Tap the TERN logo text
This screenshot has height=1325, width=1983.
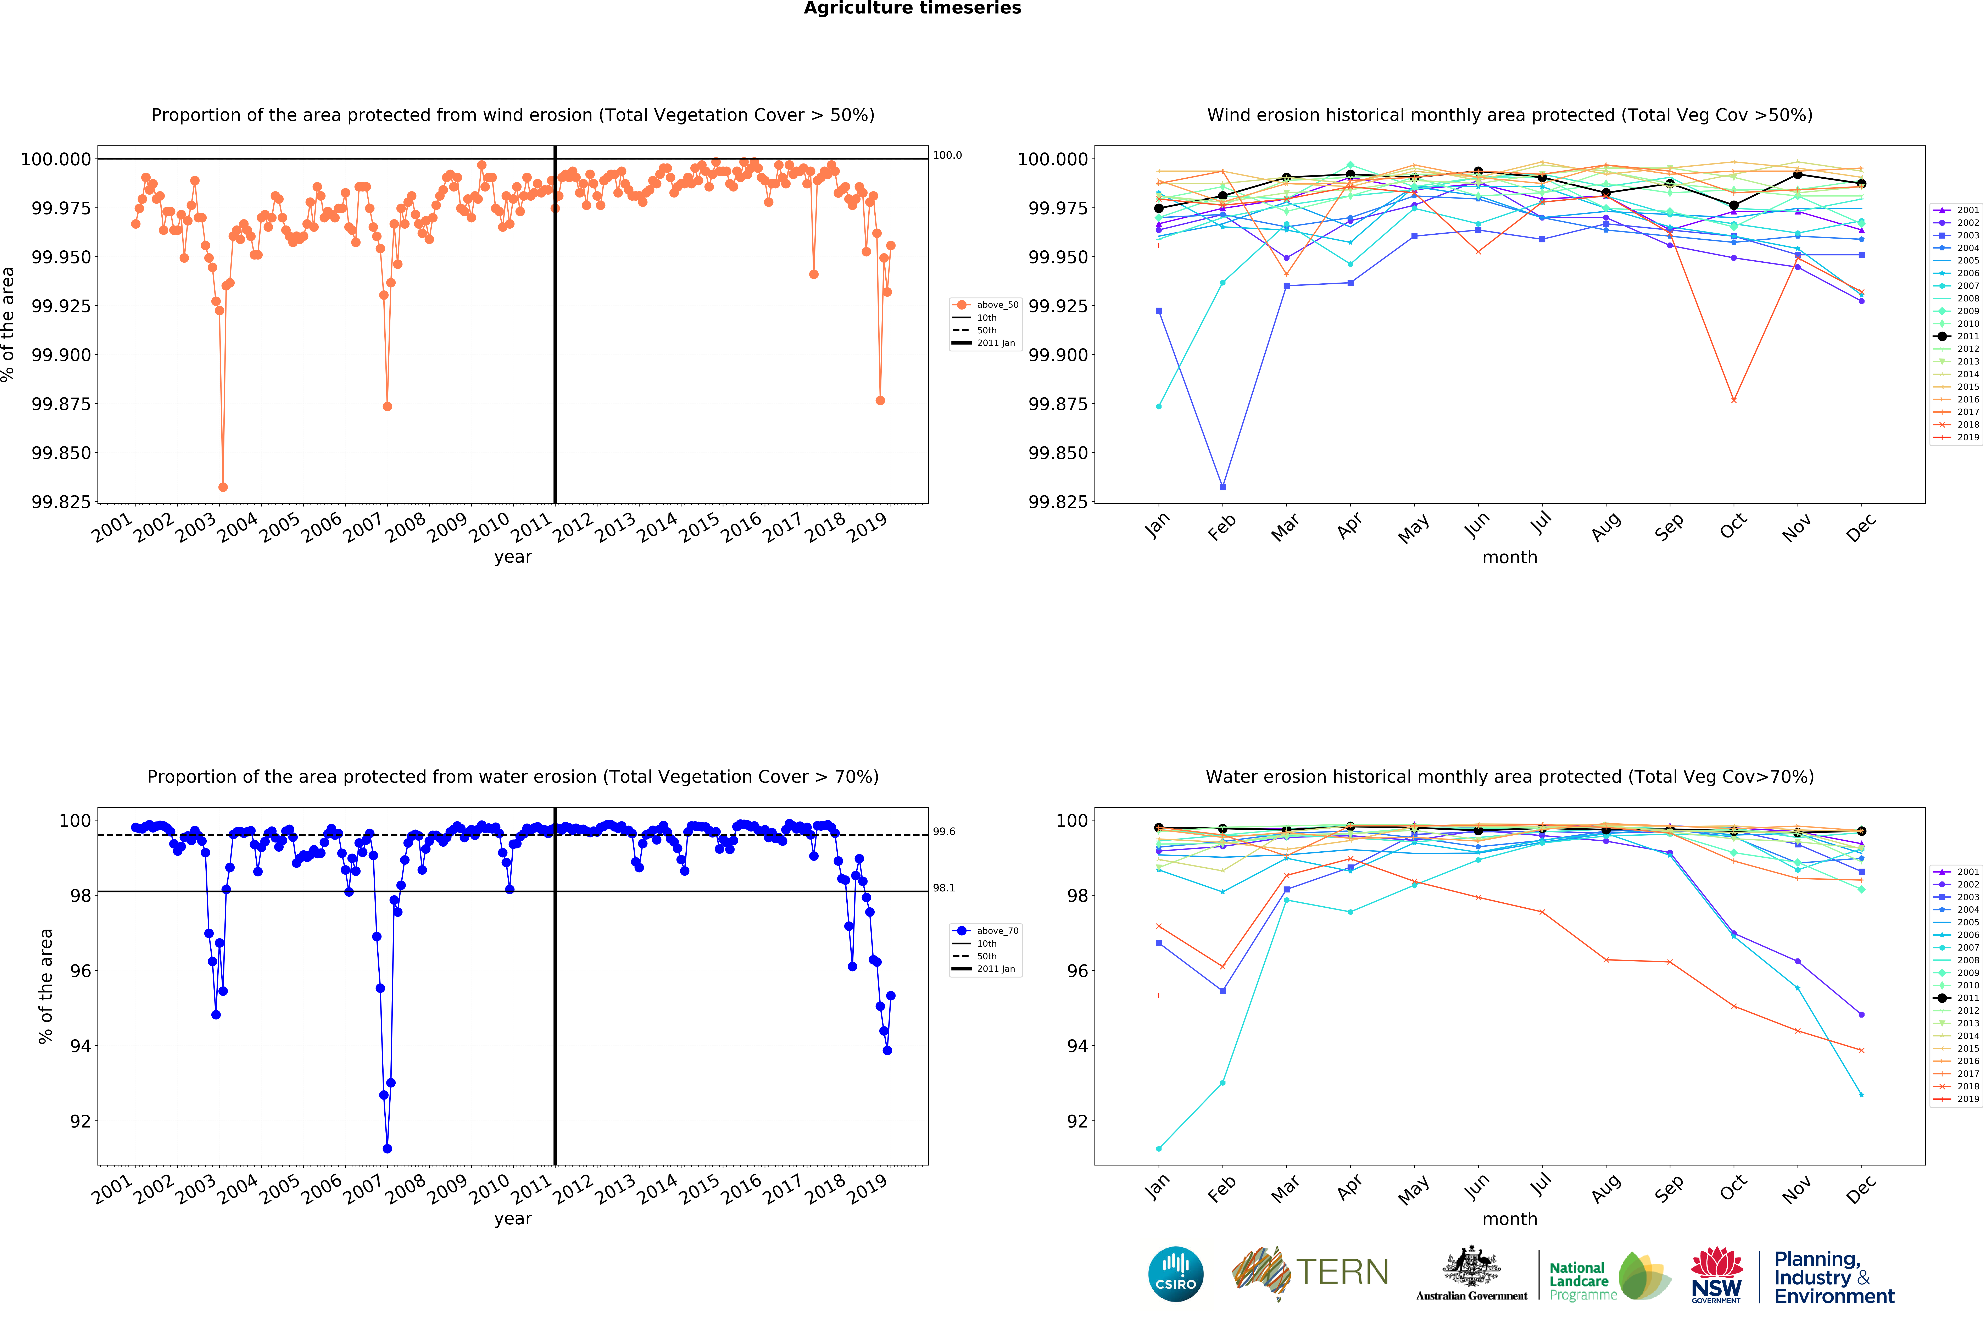(1342, 1272)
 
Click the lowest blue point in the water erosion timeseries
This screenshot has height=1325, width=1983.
(387, 1148)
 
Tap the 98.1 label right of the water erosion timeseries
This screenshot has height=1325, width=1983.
(944, 888)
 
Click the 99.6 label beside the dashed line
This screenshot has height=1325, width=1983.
(944, 831)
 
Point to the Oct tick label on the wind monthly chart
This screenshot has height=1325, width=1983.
(1733, 526)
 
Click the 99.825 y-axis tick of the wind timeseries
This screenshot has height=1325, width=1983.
(61, 502)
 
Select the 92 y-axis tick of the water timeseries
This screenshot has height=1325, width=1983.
(80, 1121)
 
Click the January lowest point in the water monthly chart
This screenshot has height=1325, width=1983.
(1158, 1148)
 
